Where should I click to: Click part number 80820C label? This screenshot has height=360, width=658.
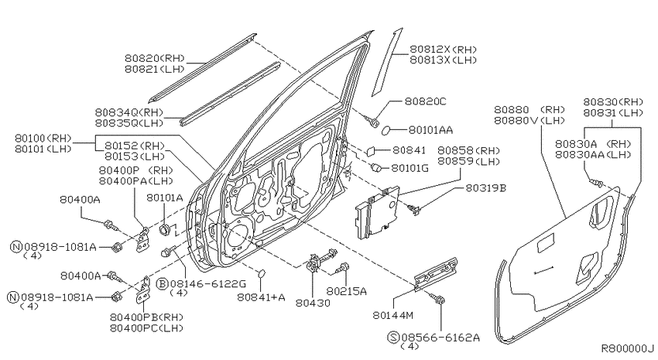(x=425, y=101)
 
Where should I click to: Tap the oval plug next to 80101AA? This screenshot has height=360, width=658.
(x=386, y=131)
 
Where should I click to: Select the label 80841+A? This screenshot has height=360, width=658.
(x=261, y=297)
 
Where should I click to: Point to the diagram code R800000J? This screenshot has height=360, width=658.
(x=627, y=348)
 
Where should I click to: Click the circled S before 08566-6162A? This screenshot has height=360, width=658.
(x=393, y=337)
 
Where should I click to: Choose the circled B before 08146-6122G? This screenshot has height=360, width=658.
(x=162, y=284)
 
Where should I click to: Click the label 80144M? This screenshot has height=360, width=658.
(x=392, y=314)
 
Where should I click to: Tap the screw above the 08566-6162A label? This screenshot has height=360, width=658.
(x=439, y=300)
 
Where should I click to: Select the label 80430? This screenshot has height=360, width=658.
(x=313, y=303)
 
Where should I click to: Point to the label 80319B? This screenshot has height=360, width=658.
(x=485, y=188)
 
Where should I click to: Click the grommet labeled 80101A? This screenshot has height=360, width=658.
(x=164, y=229)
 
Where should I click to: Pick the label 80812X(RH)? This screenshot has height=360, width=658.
(x=443, y=50)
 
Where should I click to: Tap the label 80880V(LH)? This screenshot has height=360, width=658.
(x=529, y=121)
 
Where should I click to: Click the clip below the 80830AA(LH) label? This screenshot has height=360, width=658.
(x=597, y=183)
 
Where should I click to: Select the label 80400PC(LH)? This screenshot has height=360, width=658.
(x=146, y=328)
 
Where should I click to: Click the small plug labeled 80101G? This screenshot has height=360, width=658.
(x=376, y=168)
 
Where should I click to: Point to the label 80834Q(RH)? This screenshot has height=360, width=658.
(x=129, y=112)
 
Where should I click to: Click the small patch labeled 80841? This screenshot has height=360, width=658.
(x=371, y=150)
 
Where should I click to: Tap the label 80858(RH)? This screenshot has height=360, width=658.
(x=469, y=151)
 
